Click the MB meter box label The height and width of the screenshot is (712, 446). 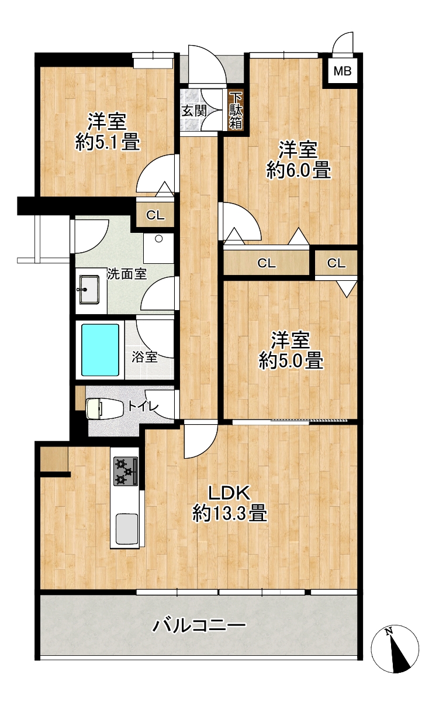343,71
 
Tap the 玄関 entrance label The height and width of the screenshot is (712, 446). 194,111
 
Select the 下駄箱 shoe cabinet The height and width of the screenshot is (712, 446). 236,110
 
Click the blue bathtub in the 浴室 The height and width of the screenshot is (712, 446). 101,350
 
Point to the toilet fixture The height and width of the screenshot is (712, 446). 105,408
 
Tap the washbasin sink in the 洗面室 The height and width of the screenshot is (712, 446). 89,290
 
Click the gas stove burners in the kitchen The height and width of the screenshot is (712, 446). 126,471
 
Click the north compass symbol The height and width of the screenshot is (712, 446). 395,647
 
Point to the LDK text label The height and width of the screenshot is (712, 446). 229,493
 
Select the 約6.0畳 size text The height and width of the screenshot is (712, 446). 299,170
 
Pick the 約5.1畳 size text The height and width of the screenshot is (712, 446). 108,142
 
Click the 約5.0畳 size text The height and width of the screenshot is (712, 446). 291,360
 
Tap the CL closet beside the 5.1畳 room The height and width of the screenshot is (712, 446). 155,215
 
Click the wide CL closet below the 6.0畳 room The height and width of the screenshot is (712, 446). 266,263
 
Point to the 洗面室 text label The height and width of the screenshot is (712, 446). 127,274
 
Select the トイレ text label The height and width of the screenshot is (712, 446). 143,405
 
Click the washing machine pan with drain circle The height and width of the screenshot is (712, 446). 158,248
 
